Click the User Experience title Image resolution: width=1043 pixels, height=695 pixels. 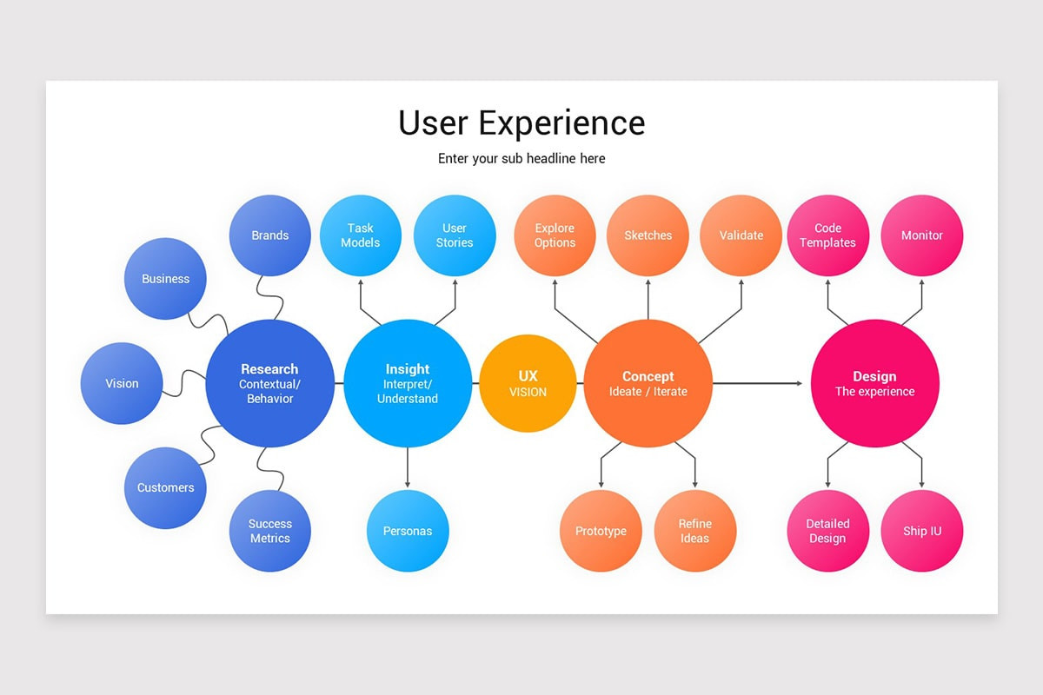click(x=521, y=122)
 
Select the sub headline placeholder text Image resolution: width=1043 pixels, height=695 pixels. click(x=521, y=159)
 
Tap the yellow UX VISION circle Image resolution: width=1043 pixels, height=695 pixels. click(x=528, y=383)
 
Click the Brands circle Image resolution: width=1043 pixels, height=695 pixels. click(x=269, y=235)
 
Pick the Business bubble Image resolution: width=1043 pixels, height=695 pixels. click(x=165, y=279)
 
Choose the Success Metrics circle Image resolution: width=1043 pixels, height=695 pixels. click(x=269, y=531)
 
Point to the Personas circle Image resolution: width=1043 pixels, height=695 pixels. click(x=408, y=531)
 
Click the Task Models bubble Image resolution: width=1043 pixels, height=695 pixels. click(x=361, y=235)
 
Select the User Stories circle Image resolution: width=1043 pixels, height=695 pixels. click(x=455, y=235)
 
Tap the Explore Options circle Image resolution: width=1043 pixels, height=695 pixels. click(x=555, y=235)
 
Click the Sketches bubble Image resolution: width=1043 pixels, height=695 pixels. click(x=648, y=235)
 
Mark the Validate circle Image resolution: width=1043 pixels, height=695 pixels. click(x=741, y=235)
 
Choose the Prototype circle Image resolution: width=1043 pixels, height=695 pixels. click(x=601, y=531)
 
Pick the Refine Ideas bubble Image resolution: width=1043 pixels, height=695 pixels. click(x=695, y=531)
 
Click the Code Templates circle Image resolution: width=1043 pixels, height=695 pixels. click(x=827, y=235)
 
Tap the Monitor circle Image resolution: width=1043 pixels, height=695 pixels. click(x=922, y=235)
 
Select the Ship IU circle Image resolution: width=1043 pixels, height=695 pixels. click(x=922, y=531)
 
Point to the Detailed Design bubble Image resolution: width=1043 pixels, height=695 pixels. click(x=827, y=531)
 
